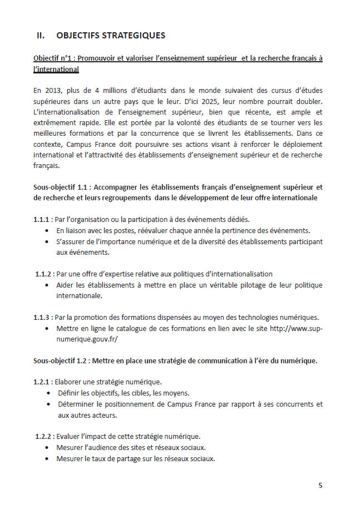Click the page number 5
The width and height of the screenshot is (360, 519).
pyautogui.click(x=320, y=485)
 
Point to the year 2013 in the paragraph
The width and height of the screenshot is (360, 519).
pyautogui.click(x=53, y=90)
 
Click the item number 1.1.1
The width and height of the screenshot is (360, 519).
pyautogui.click(x=42, y=219)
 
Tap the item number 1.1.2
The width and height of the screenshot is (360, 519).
pyautogui.click(x=44, y=274)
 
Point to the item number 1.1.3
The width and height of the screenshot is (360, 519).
pyautogui.click(x=42, y=317)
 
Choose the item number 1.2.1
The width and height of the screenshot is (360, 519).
pyautogui.click(x=42, y=382)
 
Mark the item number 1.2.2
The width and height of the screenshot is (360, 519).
pyautogui.click(x=44, y=436)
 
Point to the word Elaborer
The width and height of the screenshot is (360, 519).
pyautogui.click(x=70, y=382)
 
